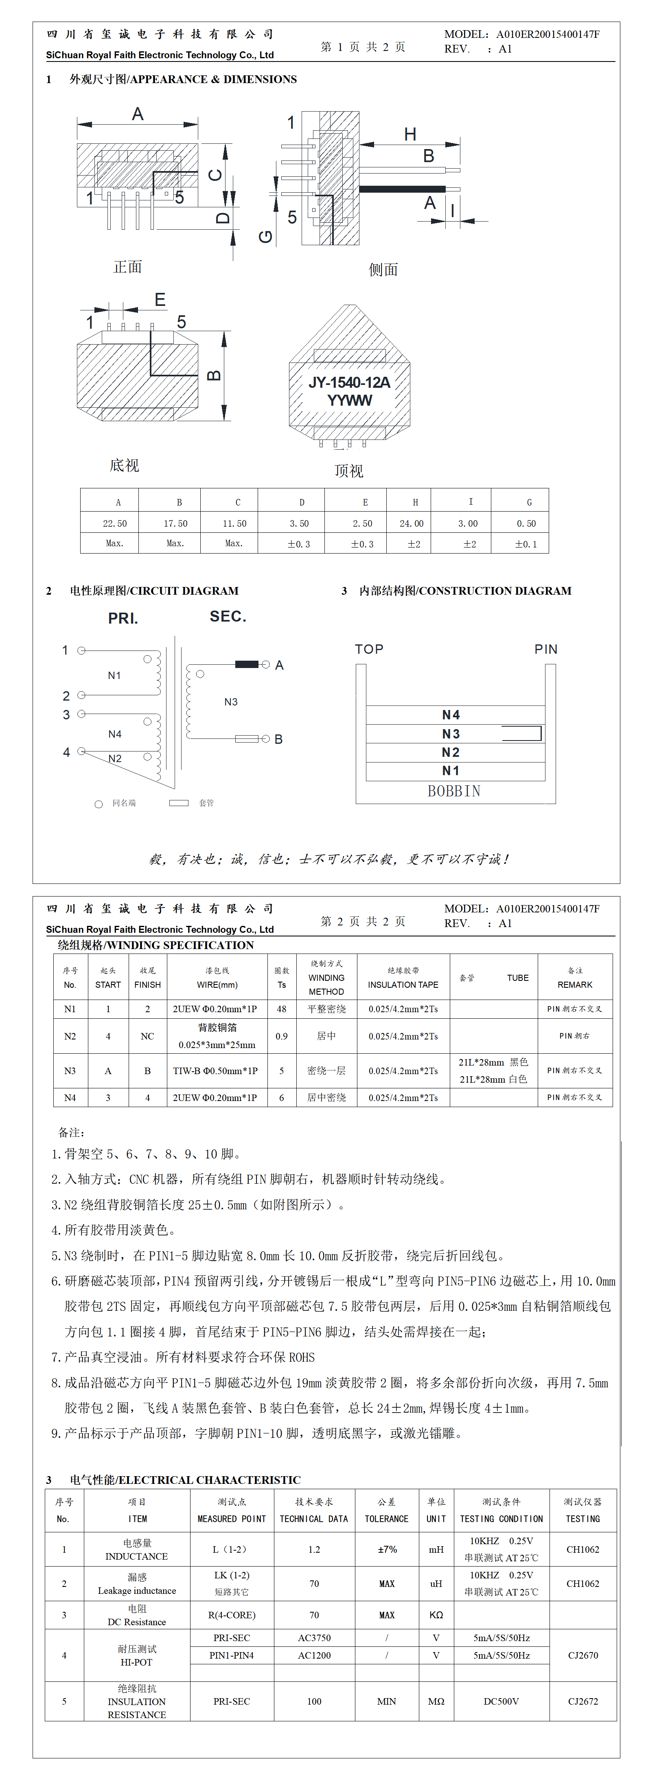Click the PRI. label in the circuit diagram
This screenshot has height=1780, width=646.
coord(123,618)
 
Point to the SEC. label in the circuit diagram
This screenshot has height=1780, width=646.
coord(228,616)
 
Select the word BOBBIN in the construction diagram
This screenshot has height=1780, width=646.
coord(454,791)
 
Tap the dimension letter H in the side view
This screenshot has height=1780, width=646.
coord(410,134)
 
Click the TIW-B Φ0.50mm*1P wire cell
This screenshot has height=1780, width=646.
coord(216,1071)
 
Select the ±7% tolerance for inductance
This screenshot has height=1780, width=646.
coord(387,1549)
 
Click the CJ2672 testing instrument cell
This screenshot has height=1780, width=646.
coord(583,1701)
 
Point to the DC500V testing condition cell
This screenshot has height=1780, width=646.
coord(501,1701)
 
